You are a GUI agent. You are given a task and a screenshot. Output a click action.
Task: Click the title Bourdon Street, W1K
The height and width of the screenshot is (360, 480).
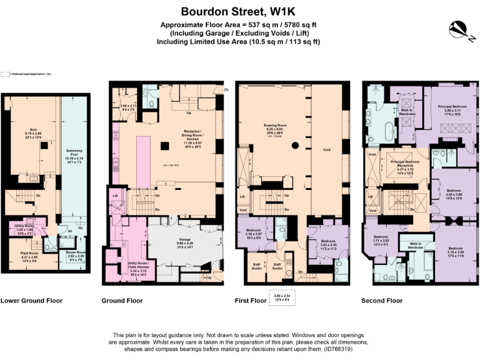[x=240, y=11]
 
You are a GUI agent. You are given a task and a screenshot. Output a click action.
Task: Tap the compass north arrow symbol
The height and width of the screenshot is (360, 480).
[x=457, y=29]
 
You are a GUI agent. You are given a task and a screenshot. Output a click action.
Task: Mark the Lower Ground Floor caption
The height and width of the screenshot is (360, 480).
[x=31, y=301]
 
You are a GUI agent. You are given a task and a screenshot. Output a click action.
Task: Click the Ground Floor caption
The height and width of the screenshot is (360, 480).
[x=122, y=301]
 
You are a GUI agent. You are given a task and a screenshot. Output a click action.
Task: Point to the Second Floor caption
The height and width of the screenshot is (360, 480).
[x=382, y=301]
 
